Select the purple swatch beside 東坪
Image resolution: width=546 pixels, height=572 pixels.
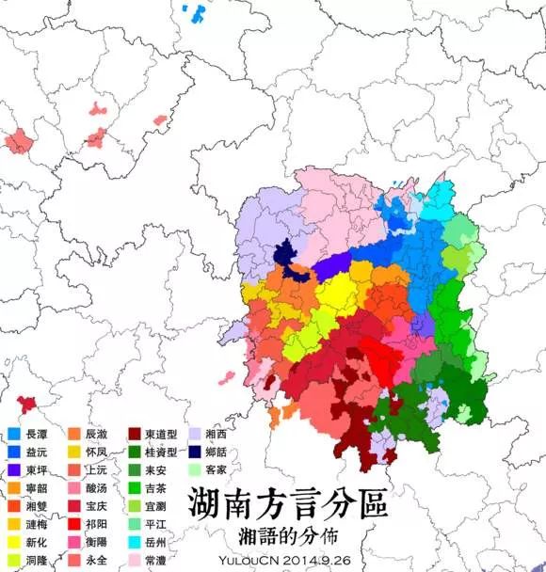[x=14, y=471]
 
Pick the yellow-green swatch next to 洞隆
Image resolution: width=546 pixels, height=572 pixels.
[x=14, y=560]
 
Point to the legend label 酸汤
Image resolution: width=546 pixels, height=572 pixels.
[x=97, y=489]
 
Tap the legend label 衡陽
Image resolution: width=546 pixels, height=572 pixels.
[x=97, y=543]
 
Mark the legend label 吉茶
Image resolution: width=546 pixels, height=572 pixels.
[x=156, y=489]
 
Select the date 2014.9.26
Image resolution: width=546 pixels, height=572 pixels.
[x=323, y=559]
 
